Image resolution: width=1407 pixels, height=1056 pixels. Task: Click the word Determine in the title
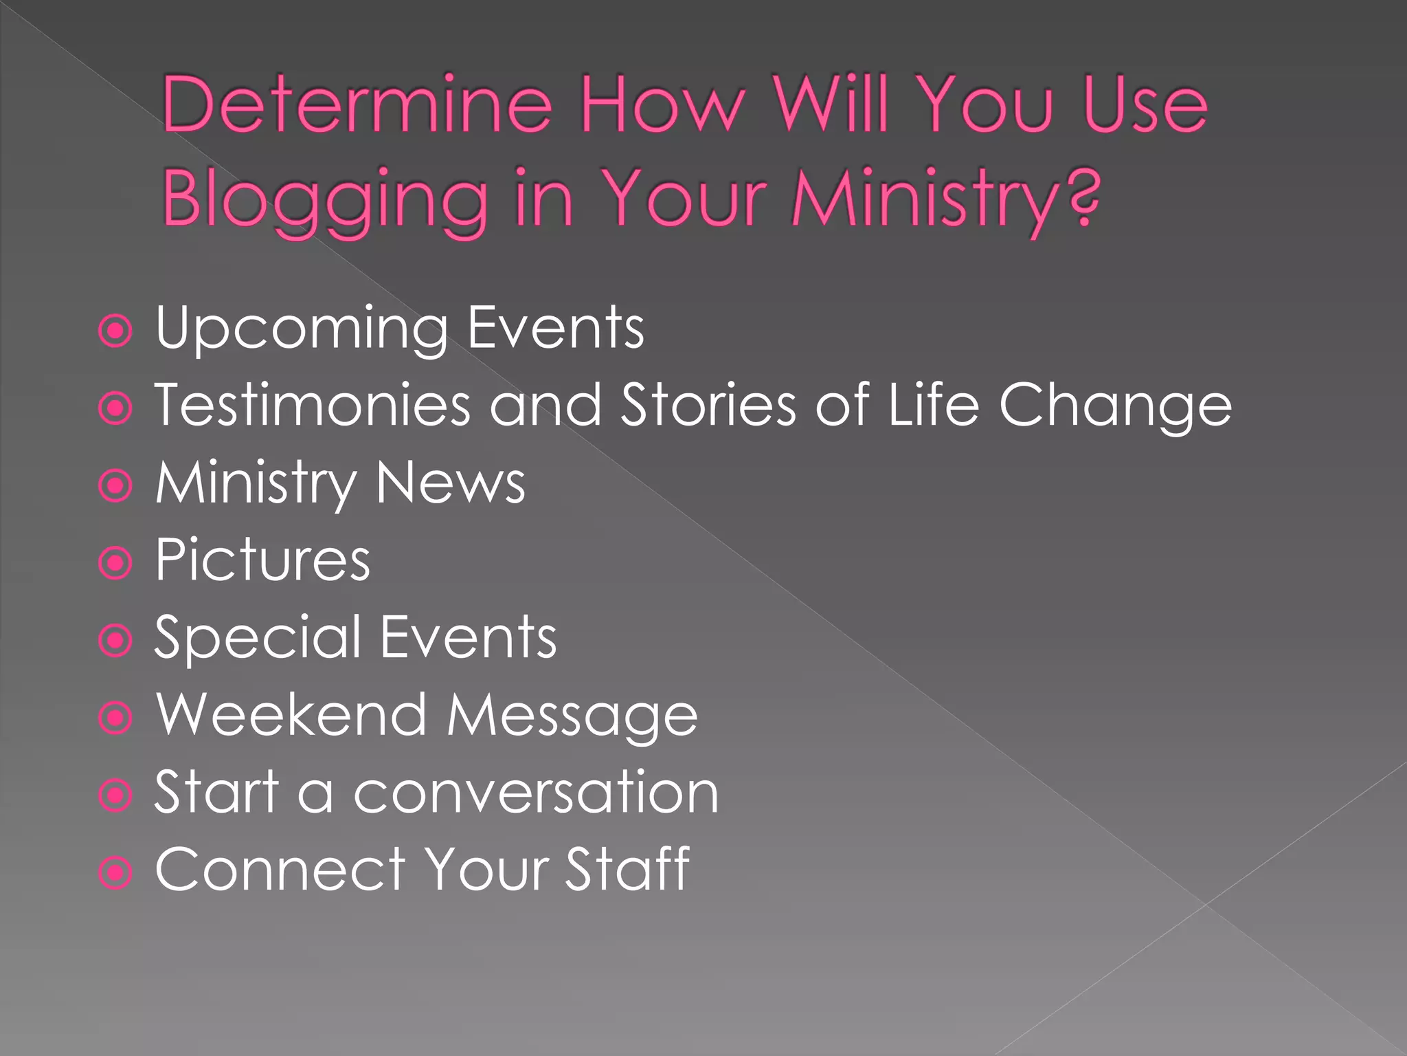pos(357,104)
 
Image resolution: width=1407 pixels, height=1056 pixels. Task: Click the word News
pos(451,483)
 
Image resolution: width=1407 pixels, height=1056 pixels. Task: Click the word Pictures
pos(262,560)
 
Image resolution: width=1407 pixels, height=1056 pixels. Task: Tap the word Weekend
pos(291,715)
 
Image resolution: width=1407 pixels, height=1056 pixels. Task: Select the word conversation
pos(536,793)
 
